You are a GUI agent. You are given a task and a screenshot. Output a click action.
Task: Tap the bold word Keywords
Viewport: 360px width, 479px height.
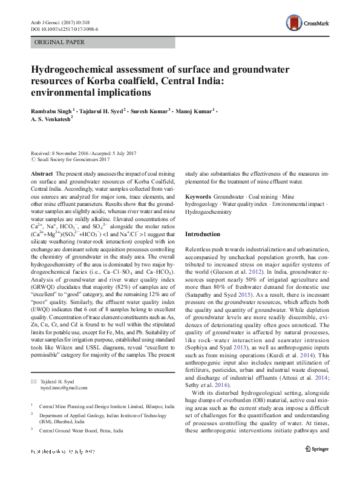(198, 197)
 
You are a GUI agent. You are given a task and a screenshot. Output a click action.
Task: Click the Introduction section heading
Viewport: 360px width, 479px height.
(203, 234)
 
